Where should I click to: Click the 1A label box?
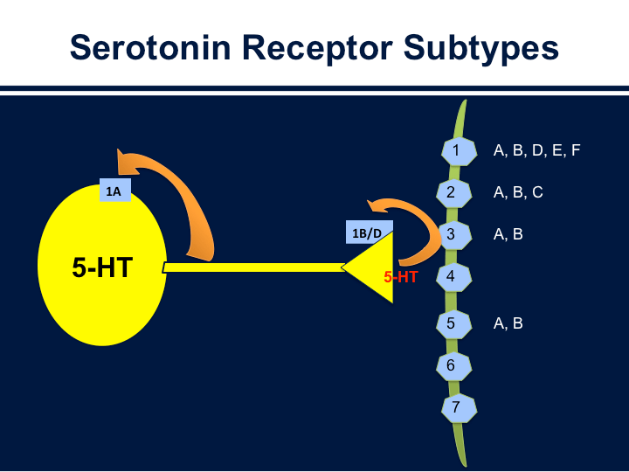point(114,189)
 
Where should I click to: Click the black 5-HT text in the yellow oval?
point(102,267)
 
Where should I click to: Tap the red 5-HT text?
point(401,277)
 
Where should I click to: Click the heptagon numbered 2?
point(451,192)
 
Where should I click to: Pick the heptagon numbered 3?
point(451,234)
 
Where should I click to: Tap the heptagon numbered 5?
point(452,323)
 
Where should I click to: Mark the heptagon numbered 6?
point(452,365)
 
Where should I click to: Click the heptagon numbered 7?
point(456,407)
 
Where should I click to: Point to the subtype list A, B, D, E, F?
point(536,150)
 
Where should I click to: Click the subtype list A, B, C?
point(518,192)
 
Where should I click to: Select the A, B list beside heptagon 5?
point(508,323)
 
